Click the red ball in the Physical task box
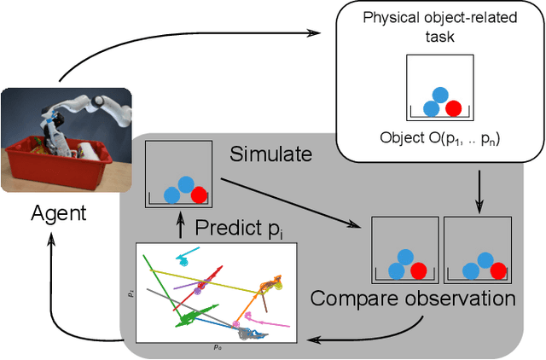(453, 107)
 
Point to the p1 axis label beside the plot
(131, 293)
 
